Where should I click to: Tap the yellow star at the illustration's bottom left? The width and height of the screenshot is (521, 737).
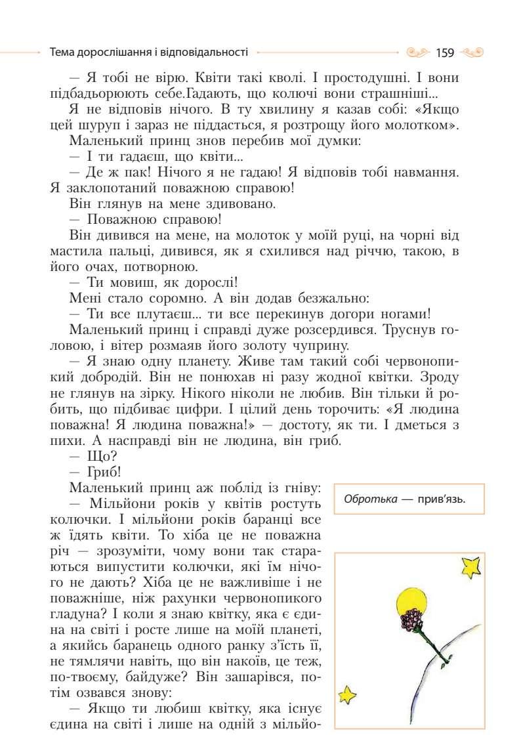(346, 694)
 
